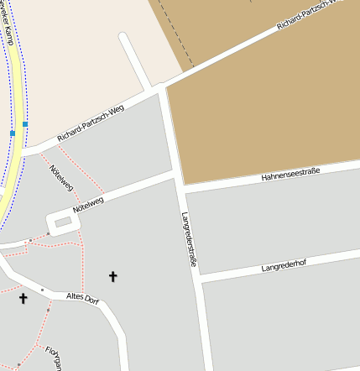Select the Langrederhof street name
pyautogui.click(x=285, y=267)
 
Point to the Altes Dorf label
pyautogui.click(x=82, y=299)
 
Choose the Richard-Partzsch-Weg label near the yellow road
pyautogui.click(x=91, y=123)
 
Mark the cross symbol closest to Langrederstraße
pyautogui.click(x=113, y=275)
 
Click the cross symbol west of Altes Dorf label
pyautogui.click(x=23, y=298)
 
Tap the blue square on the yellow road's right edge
pyautogui.click(x=25, y=124)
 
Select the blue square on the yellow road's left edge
pyautogui.click(x=13, y=133)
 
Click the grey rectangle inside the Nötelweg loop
pyautogui.click(x=63, y=222)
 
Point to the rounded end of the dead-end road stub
pyautogui.click(x=123, y=37)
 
